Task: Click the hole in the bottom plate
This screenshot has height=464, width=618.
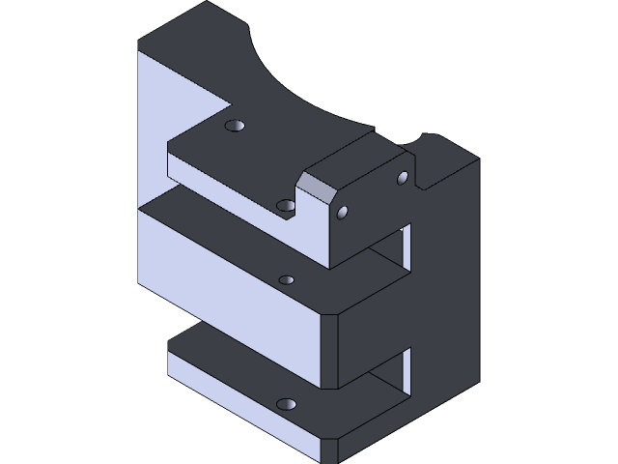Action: point(285,403)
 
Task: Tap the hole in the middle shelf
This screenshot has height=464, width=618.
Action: point(286,280)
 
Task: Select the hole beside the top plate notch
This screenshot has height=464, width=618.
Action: point(286,205)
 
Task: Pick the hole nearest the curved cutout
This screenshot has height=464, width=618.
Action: point(235,126)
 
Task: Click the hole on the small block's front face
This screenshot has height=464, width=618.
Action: point(345,212)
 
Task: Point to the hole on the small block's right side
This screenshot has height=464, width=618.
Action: point(403,177)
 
